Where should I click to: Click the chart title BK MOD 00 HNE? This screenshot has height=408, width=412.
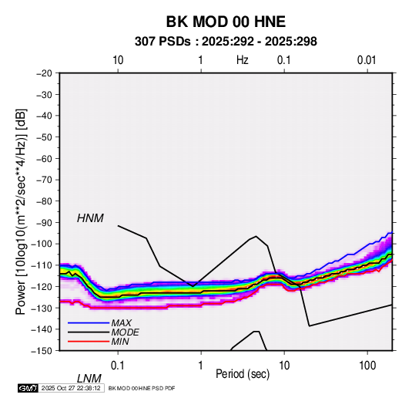(x=226, y=22)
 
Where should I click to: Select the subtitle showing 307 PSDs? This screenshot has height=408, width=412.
(x=226, y=42)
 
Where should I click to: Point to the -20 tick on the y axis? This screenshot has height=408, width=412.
(x=44, y=73)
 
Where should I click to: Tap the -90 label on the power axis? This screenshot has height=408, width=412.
(x=44, y=222)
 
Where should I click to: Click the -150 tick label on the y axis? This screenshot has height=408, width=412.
(x=42, y=351)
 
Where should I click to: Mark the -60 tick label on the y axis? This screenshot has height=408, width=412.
(x=44, y=158)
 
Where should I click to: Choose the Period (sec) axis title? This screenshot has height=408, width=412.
(x=243, y=374)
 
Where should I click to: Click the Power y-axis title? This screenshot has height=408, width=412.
(x=21, y=212)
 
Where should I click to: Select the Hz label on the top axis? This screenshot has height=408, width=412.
(x=242, y=60)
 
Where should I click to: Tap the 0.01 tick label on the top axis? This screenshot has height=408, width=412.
(x=367, y=60)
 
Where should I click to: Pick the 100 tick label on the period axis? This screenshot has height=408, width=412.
(x=367, y=366)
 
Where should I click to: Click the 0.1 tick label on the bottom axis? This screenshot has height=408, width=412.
(x=118, y=366)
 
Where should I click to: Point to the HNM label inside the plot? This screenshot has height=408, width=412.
(x=90, y=218)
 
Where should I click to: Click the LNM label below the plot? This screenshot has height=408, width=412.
(x=89, y=379)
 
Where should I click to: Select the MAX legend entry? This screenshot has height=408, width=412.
(x=121, y=323)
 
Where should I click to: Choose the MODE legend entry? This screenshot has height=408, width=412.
(x=125, y=332)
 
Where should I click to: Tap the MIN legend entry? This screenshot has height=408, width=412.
(x=120, y=342)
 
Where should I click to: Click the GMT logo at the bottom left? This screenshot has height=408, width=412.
(x=28, y=388)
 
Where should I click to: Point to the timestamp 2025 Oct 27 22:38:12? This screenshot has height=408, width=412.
(x=71, y=388)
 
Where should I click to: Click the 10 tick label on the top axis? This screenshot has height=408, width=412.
(x=118, y=60)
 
